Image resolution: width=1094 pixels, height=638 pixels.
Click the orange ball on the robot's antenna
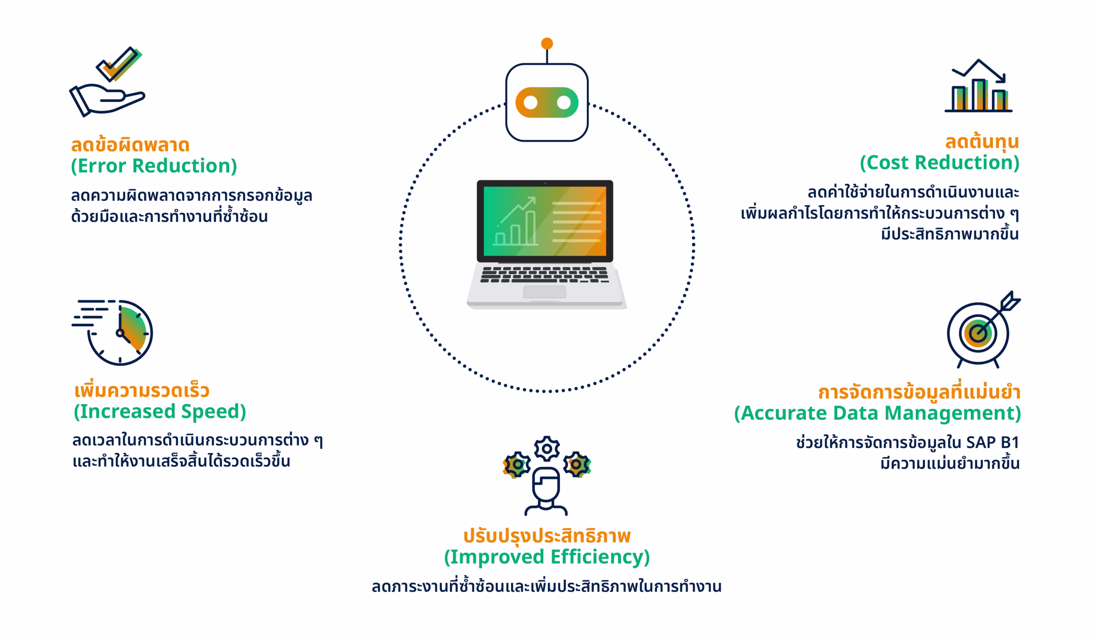click(x=547, y=44)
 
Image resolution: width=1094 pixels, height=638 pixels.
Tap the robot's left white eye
click(x=530, y=103)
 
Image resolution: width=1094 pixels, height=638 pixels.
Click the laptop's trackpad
click(x=544, y=292)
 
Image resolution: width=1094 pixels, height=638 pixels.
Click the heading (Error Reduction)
click(x=154, y=166)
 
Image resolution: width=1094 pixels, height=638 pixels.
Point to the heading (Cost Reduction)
click(x=939, y=163)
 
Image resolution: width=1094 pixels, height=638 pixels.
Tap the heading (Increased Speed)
click(x=160, y=412)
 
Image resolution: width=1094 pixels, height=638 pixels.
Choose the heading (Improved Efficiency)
click(x=547, y=557)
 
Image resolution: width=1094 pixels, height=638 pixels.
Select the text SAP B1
click(x=992, y=443)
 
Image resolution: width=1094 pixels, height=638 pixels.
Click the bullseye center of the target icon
click(x=978, y=334)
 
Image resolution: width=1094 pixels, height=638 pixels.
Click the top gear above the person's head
click(x=547, y=448)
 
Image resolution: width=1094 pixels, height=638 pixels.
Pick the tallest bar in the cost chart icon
click(x=979, y=95)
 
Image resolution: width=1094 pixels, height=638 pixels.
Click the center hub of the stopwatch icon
click(x=120, y=333)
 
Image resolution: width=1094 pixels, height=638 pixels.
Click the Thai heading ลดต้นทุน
click(x=982, y=142)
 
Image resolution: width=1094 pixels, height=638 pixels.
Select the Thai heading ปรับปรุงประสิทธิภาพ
click(x=547, y=536)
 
